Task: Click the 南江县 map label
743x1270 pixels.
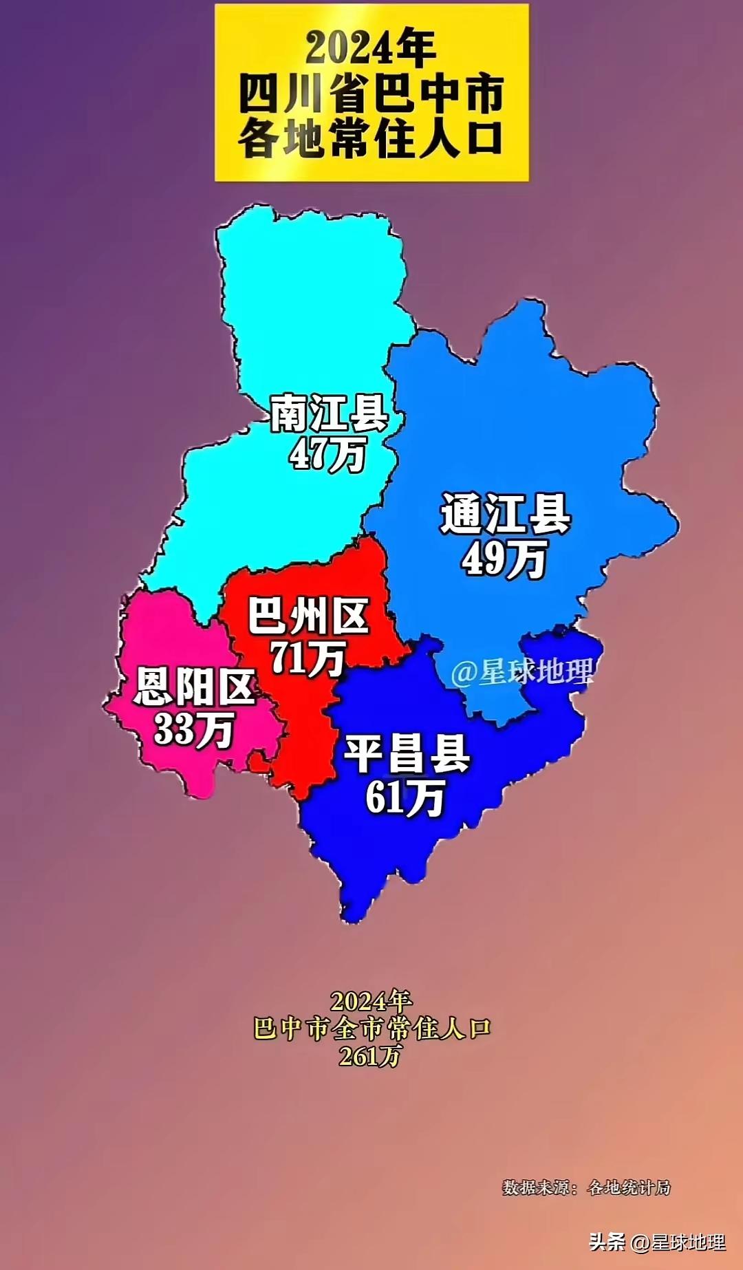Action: pos(329,413)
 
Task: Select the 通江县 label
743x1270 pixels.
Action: pos(506,514)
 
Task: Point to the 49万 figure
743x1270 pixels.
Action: pos(504,558)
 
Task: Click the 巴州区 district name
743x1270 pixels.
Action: pos(308,616)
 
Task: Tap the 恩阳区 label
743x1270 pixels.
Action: pos(195,686)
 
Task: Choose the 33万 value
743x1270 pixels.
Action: pos(194,729)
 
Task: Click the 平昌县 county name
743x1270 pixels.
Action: pos(407,753)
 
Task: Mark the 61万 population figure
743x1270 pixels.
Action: pos(405,797)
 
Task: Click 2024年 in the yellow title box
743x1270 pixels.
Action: pos(371,48)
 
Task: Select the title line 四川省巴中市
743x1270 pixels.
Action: pos(371,94)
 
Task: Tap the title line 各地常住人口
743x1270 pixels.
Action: pos(371,138)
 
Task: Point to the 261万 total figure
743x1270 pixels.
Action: pos(370,1056)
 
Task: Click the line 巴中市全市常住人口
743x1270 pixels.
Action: pos(371,1029)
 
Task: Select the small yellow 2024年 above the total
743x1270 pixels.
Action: pos(371,1001)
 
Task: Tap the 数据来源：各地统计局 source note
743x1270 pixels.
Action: pos(586,1187)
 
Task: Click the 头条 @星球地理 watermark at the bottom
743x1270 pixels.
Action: pos(657,1241)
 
